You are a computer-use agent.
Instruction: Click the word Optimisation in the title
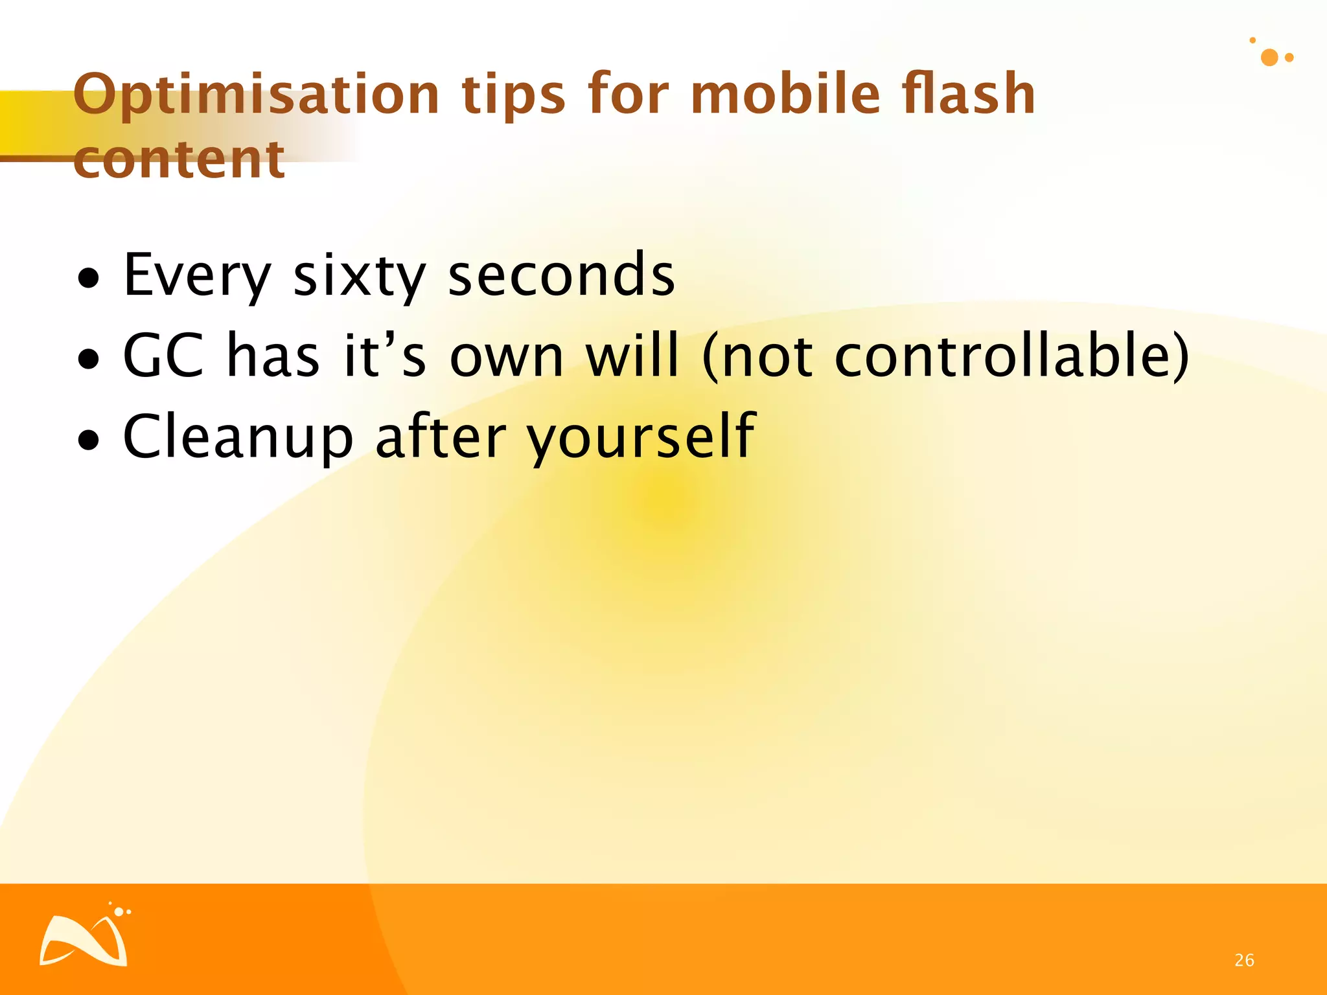click(x=257, y=95)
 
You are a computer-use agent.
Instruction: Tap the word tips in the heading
click(x=513, y=95)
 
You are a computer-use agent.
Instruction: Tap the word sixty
click(x=359, y=275)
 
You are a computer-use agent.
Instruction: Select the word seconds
click(x=561, y=275)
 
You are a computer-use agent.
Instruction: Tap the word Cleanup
click(x=238, y=437)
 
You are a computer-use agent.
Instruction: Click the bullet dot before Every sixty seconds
click(x=89, y=279)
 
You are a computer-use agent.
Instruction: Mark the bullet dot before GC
click(x=89, y=359)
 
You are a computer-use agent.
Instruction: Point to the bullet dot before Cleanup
click(x=89, y=440)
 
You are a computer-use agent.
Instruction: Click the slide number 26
click(x=1244, y=960)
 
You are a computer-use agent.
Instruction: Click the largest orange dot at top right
click(x=1269, y=58)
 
